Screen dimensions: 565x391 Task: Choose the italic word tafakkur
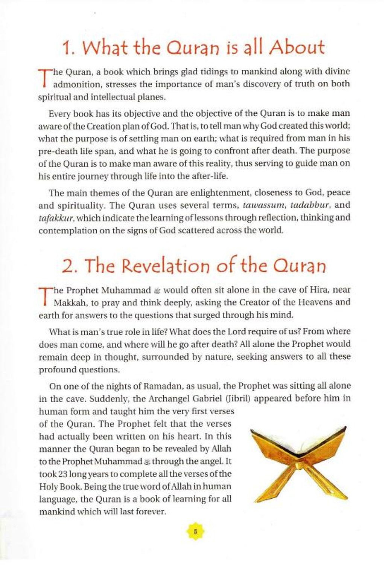point(52,218)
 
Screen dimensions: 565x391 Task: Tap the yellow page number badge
point(195,532)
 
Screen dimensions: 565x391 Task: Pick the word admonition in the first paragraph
point(78,84)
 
